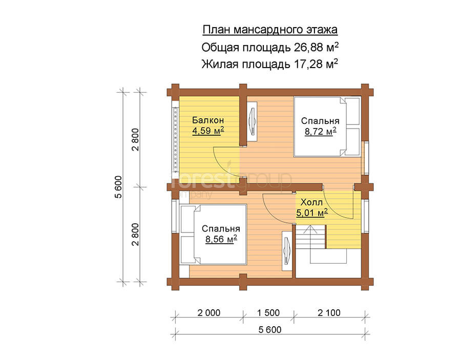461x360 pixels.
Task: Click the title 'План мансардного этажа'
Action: pos(270,30)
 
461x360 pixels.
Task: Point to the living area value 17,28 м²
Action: pos(316,64)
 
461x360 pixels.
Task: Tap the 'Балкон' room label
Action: pos(208,120)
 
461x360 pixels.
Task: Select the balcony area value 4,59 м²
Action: pos(208,131)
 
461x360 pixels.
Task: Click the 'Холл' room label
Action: pos(311,202)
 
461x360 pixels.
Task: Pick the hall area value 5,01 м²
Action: pos(311,213)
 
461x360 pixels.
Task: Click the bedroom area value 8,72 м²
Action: pos(320,132)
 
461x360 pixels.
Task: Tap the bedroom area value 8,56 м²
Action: pos(221,239)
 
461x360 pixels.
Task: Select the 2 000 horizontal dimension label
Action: pos(209,313)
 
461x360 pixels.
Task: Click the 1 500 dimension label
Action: pos(268,313)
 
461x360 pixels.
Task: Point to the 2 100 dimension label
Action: pos(329,313)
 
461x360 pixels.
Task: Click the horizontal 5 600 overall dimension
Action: pos(270,330)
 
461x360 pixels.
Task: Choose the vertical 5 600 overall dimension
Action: pos(118,187)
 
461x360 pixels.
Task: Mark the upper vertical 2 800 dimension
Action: pos(135,139)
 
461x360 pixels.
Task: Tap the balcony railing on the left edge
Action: pos(176,140)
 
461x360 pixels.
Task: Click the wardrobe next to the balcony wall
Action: pos(252,121)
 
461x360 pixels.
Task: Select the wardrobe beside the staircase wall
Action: pos(287,251)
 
